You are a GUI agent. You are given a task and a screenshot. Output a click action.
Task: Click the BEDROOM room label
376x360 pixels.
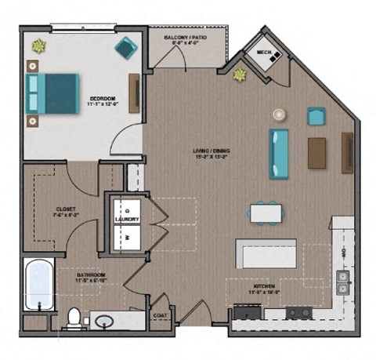(102, 98)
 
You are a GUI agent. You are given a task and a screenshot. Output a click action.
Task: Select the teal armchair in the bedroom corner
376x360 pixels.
(125, 49)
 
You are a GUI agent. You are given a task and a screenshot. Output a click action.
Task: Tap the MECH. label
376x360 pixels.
(263, 53)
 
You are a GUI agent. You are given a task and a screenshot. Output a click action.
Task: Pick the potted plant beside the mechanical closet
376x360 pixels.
(239, 75)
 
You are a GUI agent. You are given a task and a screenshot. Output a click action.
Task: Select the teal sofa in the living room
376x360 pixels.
(279, 154)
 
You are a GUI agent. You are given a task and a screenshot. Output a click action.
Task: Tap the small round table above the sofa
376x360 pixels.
(279, 115)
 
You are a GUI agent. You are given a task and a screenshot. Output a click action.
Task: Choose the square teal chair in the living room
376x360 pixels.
(316, 117)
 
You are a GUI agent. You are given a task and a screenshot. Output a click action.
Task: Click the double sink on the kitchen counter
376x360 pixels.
(342, 282)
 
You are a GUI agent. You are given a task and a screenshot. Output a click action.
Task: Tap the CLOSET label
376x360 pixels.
(65, 209)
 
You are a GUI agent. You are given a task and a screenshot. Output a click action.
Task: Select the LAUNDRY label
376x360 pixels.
(127, 220)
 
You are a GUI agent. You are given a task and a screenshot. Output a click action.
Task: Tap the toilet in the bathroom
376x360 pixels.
(74, 318)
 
